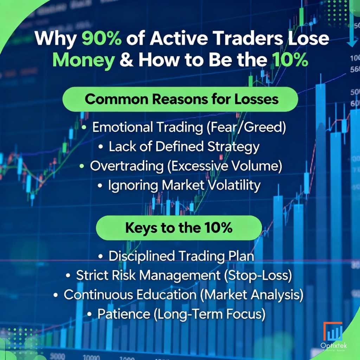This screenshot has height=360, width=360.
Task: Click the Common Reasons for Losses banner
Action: point(180,99)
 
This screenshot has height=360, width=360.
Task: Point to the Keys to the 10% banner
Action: point(179,228)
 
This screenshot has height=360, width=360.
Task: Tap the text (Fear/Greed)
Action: point(245,128)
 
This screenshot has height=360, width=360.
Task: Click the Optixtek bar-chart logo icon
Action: point(333,332)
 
